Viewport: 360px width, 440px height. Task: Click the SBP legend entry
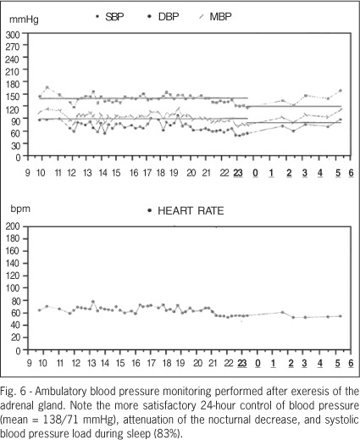(110, 17)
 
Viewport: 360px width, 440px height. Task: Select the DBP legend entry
(163, 17)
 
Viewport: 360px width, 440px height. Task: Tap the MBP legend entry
(215, 17)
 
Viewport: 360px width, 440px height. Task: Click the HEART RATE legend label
(186, 211)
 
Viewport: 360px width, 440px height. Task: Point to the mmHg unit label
(24, 19)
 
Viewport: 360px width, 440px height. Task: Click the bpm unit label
(20, 209)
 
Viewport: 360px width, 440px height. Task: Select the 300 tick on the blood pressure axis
(13, 35)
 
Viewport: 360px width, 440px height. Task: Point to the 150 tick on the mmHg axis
(13, 96)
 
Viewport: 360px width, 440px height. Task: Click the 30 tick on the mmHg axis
(15, 145)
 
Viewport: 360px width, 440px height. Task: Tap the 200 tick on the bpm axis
(14, 226)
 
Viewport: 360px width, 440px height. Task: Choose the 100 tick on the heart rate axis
(14, 288)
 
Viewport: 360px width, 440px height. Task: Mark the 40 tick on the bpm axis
(16, 326)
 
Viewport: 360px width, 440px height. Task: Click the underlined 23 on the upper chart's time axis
(238, 173)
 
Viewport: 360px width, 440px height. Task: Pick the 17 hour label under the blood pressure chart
(147, 173)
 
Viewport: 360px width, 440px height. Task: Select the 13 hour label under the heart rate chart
(91, 363)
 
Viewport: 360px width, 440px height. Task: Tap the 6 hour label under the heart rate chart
(351, 363)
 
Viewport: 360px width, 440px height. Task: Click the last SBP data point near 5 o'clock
(341, 91)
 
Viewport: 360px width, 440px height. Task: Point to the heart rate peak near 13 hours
(93, 302)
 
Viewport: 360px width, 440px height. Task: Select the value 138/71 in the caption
(62, 420)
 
